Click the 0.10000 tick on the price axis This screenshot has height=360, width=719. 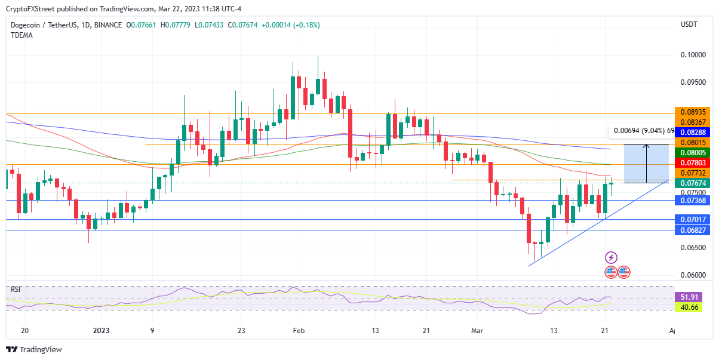click(x=693, y=55)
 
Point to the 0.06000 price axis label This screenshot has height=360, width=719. click(x=693, y=275)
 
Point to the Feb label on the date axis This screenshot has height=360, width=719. click(x=299, y=330)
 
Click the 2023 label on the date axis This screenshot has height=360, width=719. click(x=102, y=330)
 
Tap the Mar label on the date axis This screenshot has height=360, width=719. click(x=477, y=330)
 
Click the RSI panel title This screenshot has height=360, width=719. click(x=16, y=290)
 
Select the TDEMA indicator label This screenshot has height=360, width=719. click(x=21, y=35)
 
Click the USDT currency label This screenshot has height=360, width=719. click(x=689, y=24)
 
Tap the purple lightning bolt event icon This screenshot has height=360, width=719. click(x=611, y=257)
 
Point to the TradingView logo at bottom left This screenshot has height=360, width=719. click(x=34, y=350)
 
